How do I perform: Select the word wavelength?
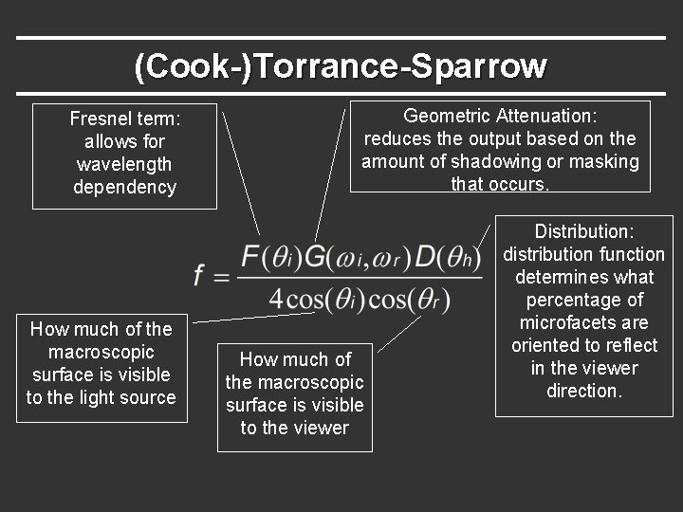point(124,165)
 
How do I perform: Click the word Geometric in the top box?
point(448,116)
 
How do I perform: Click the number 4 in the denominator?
point(276,299)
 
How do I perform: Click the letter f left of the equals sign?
point(200,275)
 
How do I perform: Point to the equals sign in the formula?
point(221,277)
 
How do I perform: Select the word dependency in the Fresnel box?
point(124,188)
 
